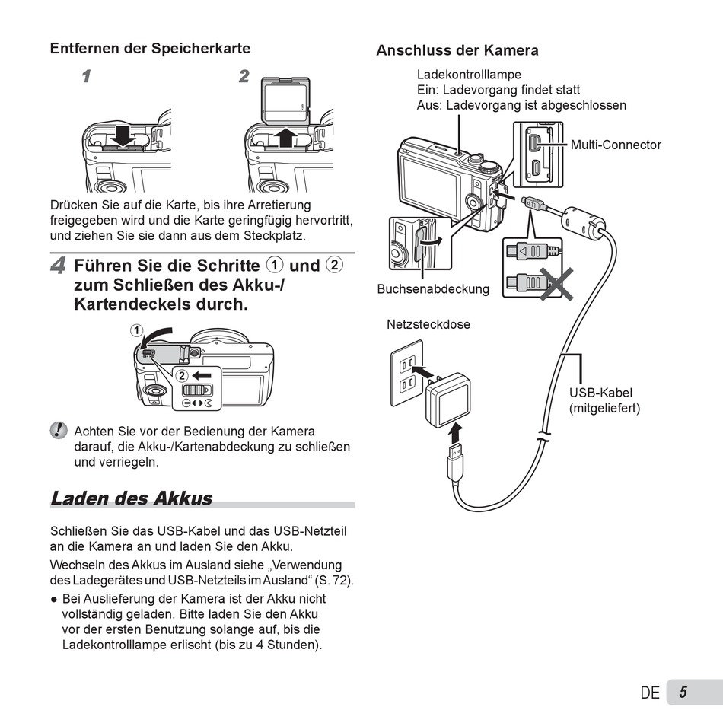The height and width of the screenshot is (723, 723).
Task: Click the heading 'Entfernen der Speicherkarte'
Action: point(150,48)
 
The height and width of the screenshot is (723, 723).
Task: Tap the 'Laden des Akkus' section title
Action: point(131,498)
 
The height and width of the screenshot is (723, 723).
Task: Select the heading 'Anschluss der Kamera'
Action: point(457,50)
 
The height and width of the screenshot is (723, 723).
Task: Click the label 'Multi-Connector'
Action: point(616,145)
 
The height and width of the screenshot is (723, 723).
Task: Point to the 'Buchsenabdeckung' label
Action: point(433,289)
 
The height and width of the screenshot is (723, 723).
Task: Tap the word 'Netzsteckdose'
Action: point(428,324)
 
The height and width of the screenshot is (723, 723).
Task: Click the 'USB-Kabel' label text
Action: point(600,393)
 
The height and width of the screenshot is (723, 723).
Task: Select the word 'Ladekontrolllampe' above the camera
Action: point(469,75)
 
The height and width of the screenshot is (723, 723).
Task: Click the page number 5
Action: point(683,692)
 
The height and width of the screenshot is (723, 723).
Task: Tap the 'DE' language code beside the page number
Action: point(650,693)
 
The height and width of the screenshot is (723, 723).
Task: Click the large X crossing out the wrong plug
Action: point(557,283)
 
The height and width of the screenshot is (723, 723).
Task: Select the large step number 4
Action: point(58,266)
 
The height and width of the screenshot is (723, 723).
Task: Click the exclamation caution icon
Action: point(59,431)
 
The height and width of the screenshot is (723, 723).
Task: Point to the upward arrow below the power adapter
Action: point(454,433)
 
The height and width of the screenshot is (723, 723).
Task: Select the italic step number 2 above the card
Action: point(244,76)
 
